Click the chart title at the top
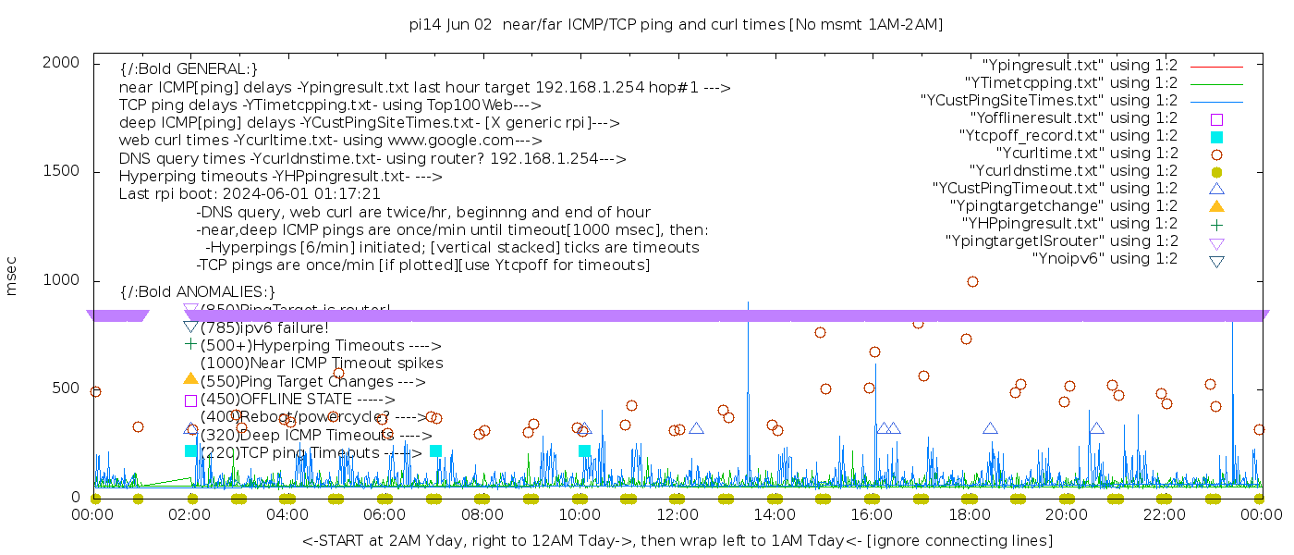676,25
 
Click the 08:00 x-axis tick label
482,513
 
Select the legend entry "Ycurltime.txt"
1086,154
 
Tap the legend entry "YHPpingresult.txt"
1069,224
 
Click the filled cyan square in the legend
1216,137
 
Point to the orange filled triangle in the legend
1216,206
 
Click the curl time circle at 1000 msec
972,282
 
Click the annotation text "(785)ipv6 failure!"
264,327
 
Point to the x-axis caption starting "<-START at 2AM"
677,540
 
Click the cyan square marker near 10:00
584,451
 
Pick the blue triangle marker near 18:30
990,428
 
